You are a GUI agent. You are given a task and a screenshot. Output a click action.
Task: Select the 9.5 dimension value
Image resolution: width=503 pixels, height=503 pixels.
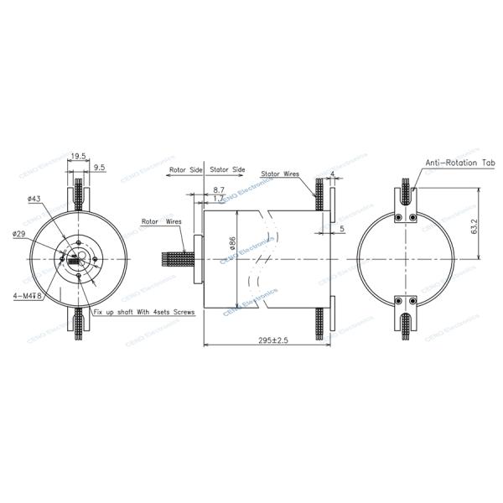click(x=99, y=168)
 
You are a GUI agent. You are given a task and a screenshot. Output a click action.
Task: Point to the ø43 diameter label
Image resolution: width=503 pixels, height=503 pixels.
click(x=34, y=199)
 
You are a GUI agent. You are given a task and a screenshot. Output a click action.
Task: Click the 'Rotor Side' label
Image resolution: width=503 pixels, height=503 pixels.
click(x=186, y=169)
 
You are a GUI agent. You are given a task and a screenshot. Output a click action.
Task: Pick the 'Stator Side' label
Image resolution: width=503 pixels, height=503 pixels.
click(x=227, y=169)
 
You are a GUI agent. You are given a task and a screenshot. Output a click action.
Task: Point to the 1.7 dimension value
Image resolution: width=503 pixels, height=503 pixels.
click(x=218, y=200)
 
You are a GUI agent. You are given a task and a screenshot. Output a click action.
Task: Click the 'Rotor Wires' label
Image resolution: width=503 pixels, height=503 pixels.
click(x=162, y=222)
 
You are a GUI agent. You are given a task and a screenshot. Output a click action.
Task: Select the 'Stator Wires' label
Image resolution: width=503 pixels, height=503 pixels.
click(x=281, y=174)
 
